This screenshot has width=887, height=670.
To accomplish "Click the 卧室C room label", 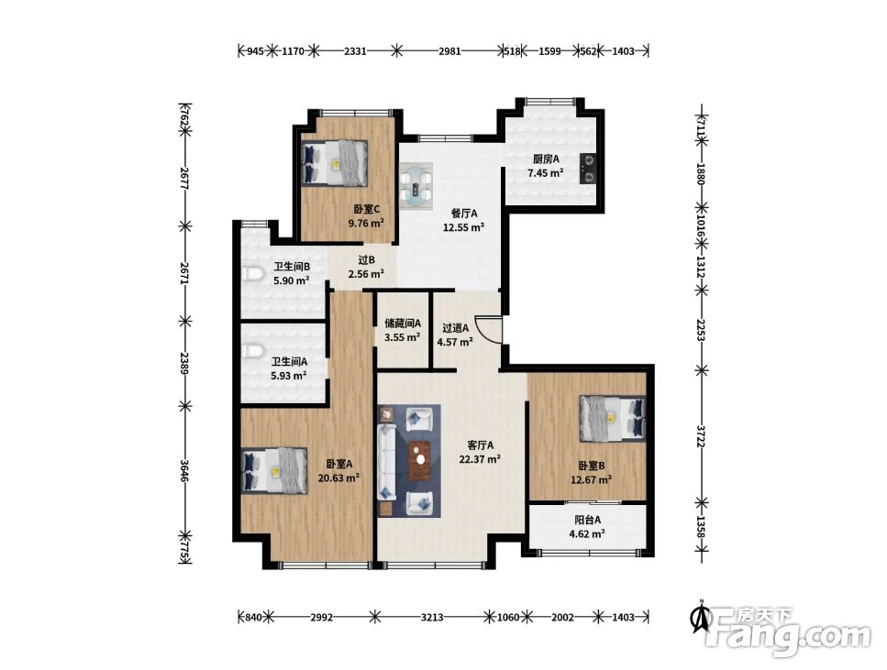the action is tap(367, 209).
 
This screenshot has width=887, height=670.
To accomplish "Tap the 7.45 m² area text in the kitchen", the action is tap(546, 173).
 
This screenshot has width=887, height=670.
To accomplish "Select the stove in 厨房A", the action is tap(588, 169).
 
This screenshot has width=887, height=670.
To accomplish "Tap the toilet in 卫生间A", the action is tap(252, 351).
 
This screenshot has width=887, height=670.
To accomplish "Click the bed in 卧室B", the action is tap(612, 418).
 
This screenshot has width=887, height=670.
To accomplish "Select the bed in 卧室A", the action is tap(274, 470).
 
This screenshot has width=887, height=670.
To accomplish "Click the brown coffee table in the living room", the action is tap(419, 460).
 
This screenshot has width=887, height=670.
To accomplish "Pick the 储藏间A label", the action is tap(403, 324).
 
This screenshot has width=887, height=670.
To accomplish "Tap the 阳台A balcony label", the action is tap(588, 520).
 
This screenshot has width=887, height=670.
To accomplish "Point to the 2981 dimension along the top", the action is tap(449, 51).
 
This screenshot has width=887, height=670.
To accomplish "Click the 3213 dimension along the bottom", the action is tap(432, 617).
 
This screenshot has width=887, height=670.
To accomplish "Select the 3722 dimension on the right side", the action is tap(702, 436).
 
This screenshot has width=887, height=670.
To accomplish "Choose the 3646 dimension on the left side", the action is tap(184, 470).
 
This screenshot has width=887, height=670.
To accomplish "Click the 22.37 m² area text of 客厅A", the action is tap(480, 459).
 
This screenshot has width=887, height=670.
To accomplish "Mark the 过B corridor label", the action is tap(367, 260).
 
